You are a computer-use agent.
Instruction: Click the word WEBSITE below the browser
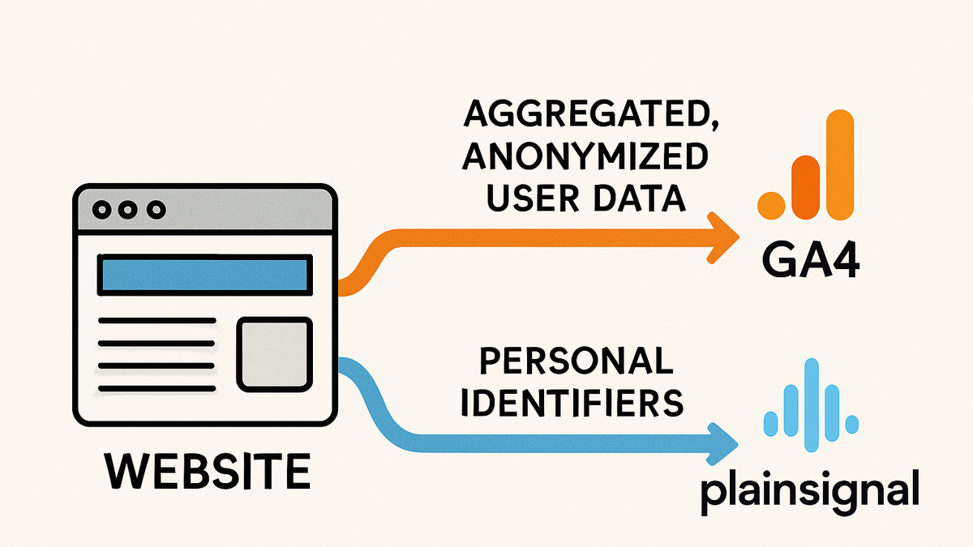pyautogui.click(x=208, y=471)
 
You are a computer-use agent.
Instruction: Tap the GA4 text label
pyautogui.click(x=811, y=260)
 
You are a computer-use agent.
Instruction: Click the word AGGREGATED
pyautogui.click(x=590, y=113)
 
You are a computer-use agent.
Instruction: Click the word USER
pyautogui.click(x=533, y=199)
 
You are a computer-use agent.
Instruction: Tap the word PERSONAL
pyautogui.click(x=576, y=361)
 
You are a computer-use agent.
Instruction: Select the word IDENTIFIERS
pyautogui.click(x=572, y=403)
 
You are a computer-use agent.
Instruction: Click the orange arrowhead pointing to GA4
pyautogui.click(x=722, y=237)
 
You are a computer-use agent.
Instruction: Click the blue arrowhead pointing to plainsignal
pyautogui.click(x=722, y=444)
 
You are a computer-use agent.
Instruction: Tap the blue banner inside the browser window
pyautogui.click(x=204, y=275)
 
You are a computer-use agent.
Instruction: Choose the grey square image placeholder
pyautogui.click(x=275, y=354)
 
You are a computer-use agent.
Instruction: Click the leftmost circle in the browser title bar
pyautogui.click(x=101, y=210)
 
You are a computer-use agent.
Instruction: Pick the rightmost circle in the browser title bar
pyautogui.click(x=156, y=210)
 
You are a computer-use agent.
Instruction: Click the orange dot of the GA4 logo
pyautogui.click(x=771, y=205)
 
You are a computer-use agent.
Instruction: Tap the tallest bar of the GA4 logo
pyautogui.click(x=840, y=165)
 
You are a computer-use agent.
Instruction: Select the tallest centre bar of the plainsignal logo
pyautogui.click(x=812, y=405)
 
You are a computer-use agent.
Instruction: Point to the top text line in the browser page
pyautogui.click(x=156, y=321)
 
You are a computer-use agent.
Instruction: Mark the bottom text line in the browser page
pyautogui.click(x=156, y=388)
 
